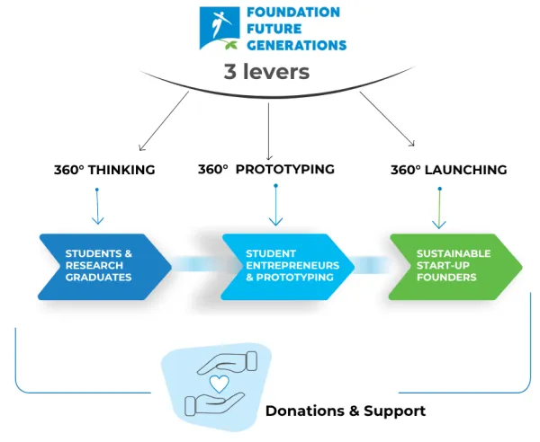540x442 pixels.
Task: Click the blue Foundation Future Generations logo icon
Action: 220,28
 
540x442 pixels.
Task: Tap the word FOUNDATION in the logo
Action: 293,13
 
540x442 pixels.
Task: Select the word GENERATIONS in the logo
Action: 296,46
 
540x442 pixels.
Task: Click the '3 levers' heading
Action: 266,72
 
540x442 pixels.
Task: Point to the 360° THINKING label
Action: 104,170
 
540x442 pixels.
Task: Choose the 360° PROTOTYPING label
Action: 266,169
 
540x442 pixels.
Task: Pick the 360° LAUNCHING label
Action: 449,170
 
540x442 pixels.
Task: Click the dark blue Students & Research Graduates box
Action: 104,267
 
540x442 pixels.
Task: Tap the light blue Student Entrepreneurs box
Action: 288,267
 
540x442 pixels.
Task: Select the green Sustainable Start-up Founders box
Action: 455,267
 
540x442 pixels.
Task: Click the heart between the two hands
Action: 220,384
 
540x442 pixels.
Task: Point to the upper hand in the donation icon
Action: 228,363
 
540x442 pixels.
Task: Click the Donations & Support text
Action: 346,411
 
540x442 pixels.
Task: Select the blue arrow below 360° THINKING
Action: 97,207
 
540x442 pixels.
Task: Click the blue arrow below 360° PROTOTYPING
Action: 275,205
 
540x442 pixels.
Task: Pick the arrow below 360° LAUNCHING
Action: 439,208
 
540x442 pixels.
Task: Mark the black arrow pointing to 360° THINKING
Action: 164,121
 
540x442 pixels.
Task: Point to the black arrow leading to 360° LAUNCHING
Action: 387,119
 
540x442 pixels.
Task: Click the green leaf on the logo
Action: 230,45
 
